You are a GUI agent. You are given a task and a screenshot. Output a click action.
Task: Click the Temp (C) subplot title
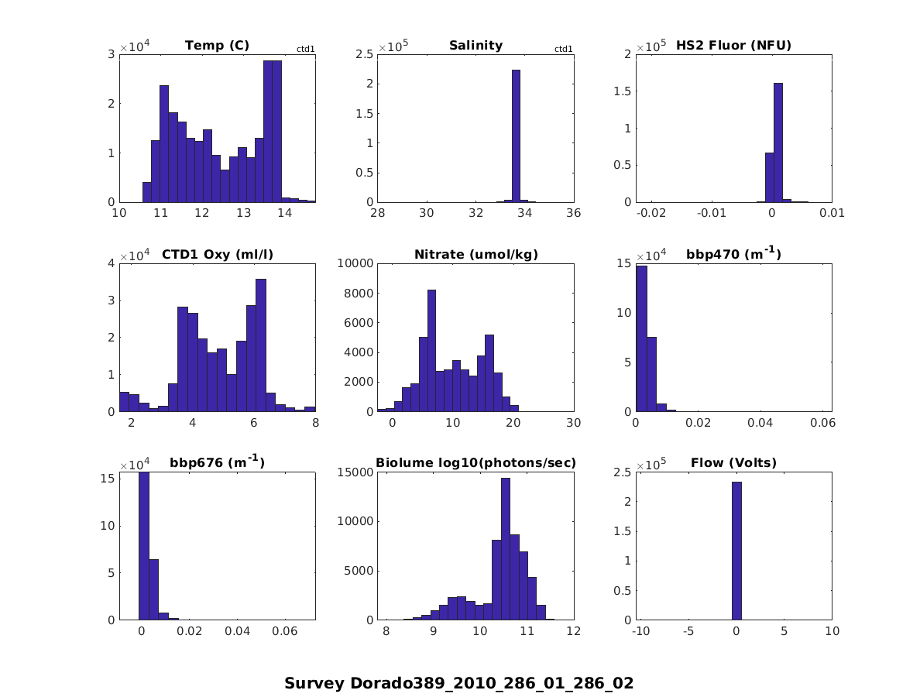(x=217, y=46)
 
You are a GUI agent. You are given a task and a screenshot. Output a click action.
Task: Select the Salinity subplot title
(x=475, y=46)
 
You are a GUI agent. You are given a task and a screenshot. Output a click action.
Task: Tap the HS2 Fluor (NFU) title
(x=733, y=46)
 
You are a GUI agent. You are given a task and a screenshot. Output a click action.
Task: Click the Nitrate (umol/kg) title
(x=475, y=255)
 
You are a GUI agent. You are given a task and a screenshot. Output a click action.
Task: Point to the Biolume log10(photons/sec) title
(x=475, y=463)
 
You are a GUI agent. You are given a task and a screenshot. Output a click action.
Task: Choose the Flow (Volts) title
(x=733, y=463)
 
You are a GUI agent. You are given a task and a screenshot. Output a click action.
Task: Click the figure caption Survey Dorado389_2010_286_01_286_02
(x=458, y=683)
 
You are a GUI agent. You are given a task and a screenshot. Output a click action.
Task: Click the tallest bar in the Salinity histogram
(x=516, y=136)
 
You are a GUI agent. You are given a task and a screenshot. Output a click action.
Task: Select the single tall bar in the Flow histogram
(x=736, y=551)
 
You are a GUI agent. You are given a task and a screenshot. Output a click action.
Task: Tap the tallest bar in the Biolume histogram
(x=506, y=548)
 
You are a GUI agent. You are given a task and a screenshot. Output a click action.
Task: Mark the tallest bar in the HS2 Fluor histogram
(x=778, y=142)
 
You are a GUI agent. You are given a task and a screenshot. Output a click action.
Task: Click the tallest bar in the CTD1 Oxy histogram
(x=261, y=345)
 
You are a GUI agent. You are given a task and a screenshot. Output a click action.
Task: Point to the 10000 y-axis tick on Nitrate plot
(x=355, y=263)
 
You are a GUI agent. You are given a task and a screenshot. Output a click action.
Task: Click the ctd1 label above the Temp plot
(x=305, y=50)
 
